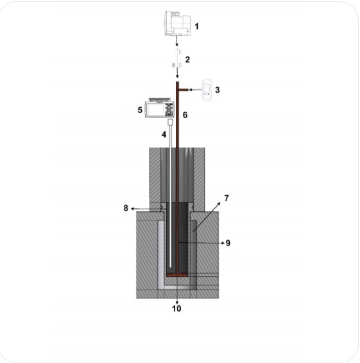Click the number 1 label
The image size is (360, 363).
[x=196, y=26]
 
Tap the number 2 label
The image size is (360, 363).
[x=187, y=60]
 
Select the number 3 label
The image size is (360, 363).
[x=217, y=90]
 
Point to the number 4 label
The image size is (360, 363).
[x=164, y=134]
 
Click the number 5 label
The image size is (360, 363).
[x=140, y=110]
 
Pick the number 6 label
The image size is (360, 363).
[x=185, y=115]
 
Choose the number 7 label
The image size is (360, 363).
[x=227, y=198]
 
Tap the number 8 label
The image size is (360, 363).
[x=126, y=208]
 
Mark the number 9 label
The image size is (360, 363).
[x=228, y=243]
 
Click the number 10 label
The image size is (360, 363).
[x=176, y=308]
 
